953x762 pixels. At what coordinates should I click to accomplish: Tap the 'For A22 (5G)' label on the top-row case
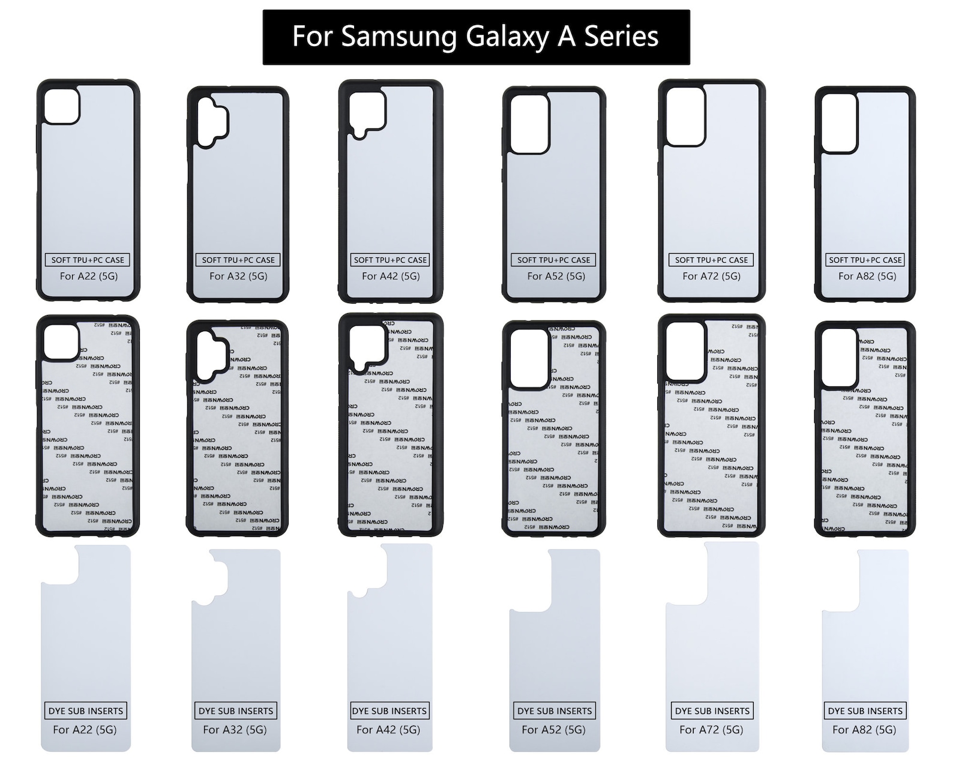88,276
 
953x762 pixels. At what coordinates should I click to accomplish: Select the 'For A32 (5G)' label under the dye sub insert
235,730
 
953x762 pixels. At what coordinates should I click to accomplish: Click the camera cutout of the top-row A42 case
367,111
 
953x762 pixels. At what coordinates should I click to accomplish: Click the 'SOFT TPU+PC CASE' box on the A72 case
711,260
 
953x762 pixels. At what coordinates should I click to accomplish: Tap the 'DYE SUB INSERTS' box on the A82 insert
865,711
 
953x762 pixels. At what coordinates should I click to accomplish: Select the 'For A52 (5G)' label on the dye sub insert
553,730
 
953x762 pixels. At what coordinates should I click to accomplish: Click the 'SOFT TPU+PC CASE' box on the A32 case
238,260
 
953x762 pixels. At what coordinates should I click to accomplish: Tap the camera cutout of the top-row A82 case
839,122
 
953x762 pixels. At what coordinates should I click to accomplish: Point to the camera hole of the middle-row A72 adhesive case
685,351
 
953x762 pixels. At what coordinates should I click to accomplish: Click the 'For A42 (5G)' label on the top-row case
391,276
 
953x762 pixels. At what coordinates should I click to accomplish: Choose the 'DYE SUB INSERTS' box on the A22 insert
86,711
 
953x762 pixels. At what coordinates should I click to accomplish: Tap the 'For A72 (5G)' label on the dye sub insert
711,730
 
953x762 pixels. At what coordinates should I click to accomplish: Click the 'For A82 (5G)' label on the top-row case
867,276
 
